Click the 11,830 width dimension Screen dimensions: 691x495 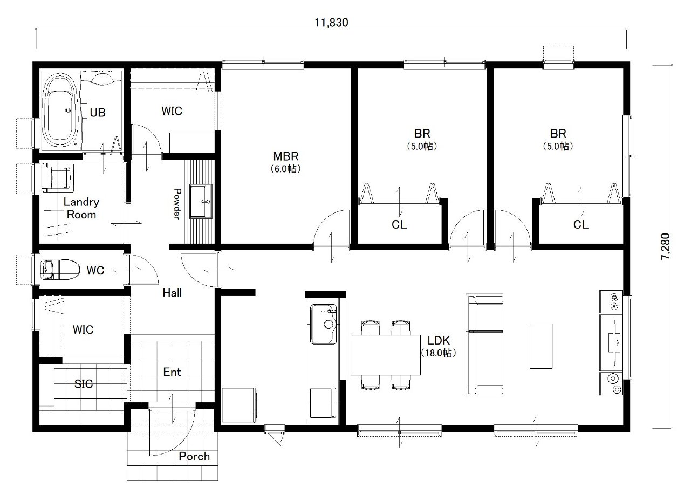331,23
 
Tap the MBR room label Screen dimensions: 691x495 286,156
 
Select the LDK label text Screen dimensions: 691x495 439,340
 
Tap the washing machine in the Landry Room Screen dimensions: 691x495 57,176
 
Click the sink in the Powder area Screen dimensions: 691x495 201,201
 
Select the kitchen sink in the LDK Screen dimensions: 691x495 323,324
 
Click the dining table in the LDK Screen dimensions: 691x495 385,355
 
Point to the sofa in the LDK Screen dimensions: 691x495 484,345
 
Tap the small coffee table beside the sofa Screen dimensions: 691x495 541,346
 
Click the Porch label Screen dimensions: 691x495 194,456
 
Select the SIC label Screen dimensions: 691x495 83,384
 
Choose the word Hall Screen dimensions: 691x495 172,293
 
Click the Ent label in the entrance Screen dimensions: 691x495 172,372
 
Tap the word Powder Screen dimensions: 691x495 177,204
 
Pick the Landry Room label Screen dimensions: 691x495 81,208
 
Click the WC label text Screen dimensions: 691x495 95,270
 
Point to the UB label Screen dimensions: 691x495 98,113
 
